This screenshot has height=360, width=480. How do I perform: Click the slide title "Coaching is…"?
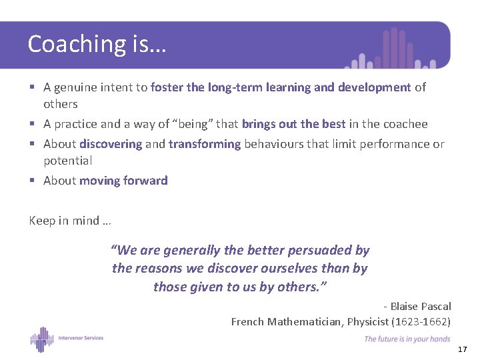[x=97, y=44]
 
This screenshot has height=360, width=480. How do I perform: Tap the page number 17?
[x=463, y=349]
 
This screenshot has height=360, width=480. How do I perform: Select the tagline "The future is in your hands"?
[x=407, y=339]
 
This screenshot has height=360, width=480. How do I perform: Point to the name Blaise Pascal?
[x=420, y=306]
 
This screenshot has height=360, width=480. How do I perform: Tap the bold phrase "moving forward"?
[x=123, y=181]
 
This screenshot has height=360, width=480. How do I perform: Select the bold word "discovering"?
[x=111, y=144]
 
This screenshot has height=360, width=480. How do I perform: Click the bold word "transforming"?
[x=205, y=144]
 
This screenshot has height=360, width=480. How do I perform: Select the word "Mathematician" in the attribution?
[x=307, y=321]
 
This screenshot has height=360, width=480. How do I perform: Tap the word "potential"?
[x=67, y=161]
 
